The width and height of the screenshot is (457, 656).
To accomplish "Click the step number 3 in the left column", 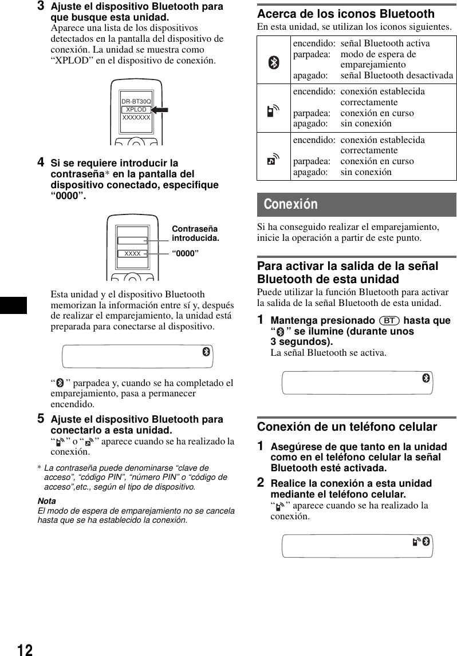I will [x=41, y=7].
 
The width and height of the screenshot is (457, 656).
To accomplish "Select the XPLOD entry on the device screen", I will [x=136, y=109].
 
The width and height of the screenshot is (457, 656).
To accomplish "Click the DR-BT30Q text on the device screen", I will [x=136, y=101].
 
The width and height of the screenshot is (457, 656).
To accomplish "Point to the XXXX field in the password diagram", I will [x=132, y=253].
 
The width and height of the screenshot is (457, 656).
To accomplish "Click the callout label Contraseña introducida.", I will [x=195, y=233].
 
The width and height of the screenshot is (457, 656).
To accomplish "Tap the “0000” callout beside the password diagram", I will [x=186, y=253].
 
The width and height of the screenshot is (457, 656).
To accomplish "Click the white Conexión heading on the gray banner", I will [x=291, y=205].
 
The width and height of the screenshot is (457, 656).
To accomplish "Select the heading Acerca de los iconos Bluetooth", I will [x=346, y=14].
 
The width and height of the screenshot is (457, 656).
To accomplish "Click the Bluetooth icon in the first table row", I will [x=274, y=63].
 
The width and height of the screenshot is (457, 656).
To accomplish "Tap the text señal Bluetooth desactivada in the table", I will [x=396, y=75].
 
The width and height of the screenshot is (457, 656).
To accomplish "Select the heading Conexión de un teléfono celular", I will [x=347, y=427].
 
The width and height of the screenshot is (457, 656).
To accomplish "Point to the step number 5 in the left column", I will [x=41, y=419].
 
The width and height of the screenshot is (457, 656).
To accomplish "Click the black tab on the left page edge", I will [x=13, y=305].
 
